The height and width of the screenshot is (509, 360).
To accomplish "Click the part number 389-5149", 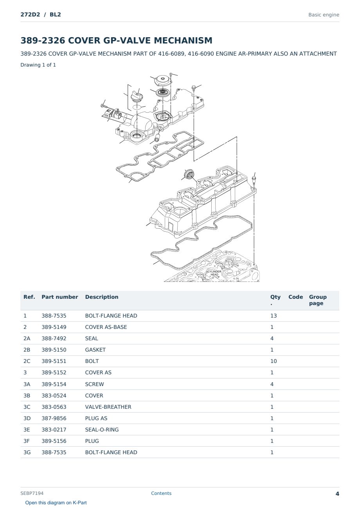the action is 54,327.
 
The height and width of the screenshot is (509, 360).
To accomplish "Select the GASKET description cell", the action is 95,350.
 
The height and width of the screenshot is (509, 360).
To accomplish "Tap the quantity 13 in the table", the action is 274,316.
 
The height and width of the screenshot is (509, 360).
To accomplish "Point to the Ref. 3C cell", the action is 27,407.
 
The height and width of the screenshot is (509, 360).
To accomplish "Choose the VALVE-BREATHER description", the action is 108,407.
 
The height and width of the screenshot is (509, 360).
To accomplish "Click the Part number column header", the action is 60,297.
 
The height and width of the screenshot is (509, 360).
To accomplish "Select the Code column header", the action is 295,297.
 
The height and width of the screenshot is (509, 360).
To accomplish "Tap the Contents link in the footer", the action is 161,493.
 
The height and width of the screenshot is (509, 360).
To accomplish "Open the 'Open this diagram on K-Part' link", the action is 56,503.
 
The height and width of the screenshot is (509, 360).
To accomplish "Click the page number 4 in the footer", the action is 337,494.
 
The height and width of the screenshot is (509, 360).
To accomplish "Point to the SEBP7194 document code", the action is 32,493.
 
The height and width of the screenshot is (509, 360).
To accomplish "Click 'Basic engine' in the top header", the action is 324,15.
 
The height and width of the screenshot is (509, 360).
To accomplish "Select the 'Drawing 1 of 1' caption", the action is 38,65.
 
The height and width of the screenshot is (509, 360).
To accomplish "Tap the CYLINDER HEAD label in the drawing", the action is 214,273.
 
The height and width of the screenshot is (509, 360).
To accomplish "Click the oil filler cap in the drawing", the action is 137,97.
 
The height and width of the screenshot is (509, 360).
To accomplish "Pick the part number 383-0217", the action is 54,430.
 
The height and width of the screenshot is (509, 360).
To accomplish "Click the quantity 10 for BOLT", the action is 274,361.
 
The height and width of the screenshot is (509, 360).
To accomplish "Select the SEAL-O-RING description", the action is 102,430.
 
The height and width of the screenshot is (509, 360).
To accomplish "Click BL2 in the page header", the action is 55,14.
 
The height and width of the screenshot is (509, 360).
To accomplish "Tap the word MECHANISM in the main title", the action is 183,40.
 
